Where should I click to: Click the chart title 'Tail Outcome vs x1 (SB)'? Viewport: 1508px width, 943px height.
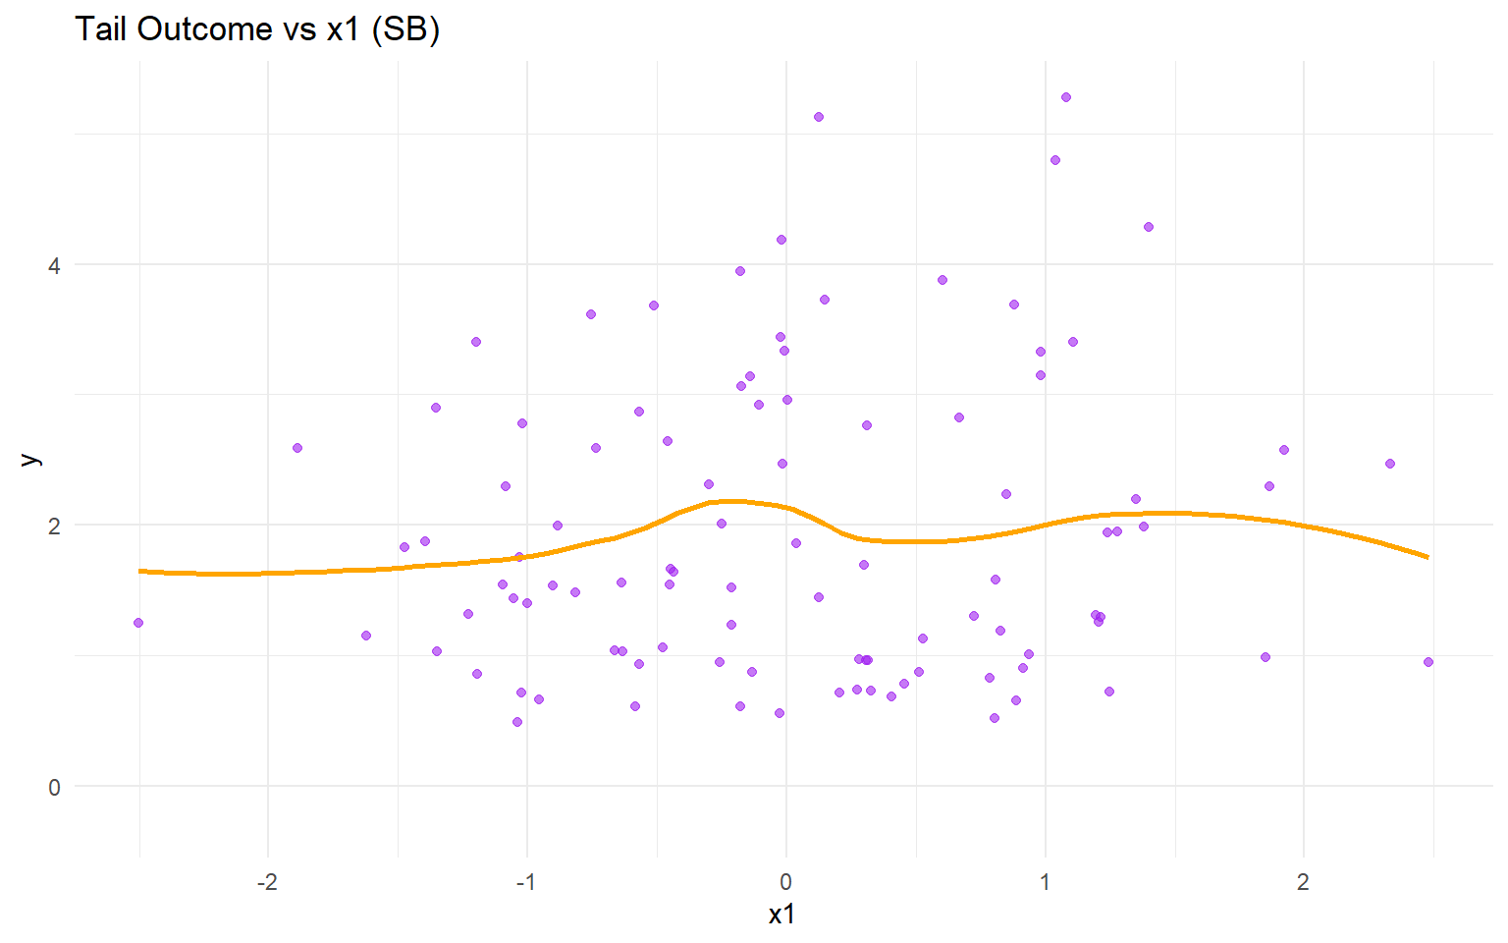[x=257, y=29]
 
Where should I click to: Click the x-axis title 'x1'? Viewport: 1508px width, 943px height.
[x=781, y=915]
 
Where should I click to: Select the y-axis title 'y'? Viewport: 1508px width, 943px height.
[x=30, y=459]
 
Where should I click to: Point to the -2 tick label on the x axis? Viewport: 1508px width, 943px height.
[x=267, y=882]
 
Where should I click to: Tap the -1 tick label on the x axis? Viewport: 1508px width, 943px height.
[x=526, y=882]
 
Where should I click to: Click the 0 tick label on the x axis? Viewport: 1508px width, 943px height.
[x=785, y=882]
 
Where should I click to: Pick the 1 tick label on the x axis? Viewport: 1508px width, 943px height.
[x=1045, y=882]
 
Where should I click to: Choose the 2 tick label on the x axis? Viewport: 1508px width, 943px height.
[x=1303, y=882]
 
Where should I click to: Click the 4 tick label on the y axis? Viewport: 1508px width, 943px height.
[x=54, y=266]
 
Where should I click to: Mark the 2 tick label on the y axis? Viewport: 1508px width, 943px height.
[x=54, y=526]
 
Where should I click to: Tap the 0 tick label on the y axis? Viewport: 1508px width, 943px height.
[x=54, y=787]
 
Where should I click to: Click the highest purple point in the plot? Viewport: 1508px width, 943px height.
[x=1066, y=97]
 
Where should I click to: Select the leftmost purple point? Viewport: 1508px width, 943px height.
[x=138, y=623]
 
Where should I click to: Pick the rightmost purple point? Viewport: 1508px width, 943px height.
[x=1428, y=662]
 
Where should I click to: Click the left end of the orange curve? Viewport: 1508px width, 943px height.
[x=140, y=571]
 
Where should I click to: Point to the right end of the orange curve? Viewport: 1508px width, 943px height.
[x=1427, y=557]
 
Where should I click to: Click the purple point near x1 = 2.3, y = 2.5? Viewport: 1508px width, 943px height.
[x=1390, y=464]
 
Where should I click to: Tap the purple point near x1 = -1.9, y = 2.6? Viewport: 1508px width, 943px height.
[x=297, y=448]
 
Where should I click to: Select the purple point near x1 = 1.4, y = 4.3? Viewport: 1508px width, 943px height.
[x=1149, y=227]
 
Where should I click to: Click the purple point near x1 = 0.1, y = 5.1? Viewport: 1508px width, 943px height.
[x=819, y=117]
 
